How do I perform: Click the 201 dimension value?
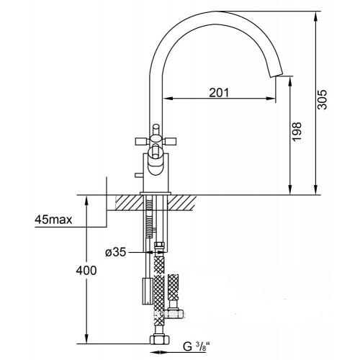tap(219, 93)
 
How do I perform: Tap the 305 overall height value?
tap(322, 99)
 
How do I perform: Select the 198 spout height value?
tap(297, 132)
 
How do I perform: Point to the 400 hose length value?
tap(86, 271)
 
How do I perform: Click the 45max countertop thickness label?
tap(53, 220)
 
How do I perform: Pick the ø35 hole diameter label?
tap(115, 252)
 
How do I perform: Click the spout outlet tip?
tap(276, 74)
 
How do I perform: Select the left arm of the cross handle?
tap(143, 141)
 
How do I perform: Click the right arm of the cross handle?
tap(170, 141)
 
